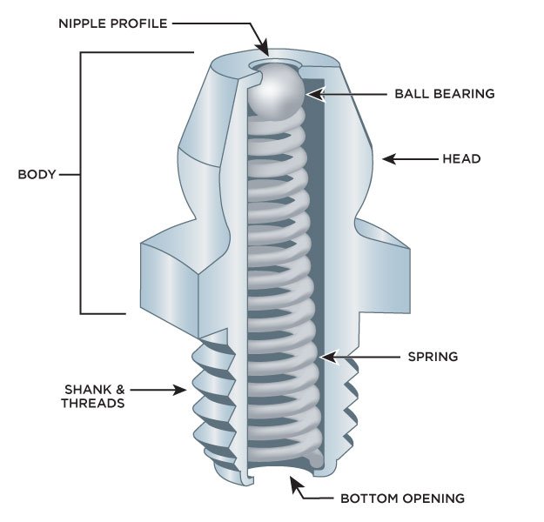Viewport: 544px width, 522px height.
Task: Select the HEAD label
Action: point(462,159)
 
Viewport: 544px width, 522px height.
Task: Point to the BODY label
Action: point(37,174)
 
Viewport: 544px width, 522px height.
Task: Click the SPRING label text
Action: point(433,357)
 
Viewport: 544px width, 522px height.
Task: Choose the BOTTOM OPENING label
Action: point(401,499)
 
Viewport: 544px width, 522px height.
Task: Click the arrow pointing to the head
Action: point(409,159)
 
